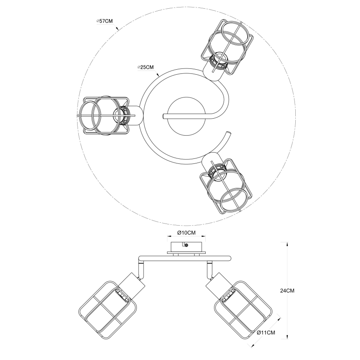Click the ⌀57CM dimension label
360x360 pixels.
click(x=104, y=21)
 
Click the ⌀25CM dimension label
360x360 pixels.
click(x=146, y=67)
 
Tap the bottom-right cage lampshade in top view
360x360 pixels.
click(x=226, y=185)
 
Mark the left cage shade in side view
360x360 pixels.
click(x=107, y=305)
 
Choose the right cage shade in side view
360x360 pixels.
click(x=243, y=305)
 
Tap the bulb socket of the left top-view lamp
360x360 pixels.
click(x=122, y=115)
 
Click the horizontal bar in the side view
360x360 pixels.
click(x=184, y=259)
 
